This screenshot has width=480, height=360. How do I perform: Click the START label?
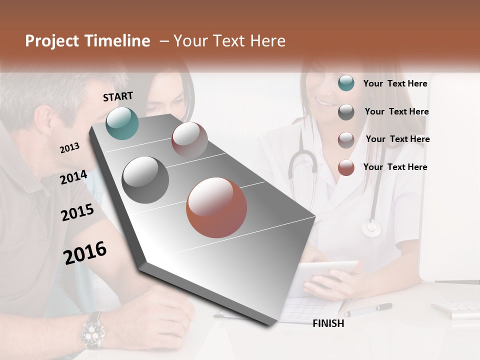[118, 96]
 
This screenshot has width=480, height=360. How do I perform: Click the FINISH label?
[328, 323]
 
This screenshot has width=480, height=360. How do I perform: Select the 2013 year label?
[69, 148]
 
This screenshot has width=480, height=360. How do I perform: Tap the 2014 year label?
[73, 177]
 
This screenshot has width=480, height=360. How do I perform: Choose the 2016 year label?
[85, 253]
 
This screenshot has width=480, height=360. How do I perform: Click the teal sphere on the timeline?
[122, 123]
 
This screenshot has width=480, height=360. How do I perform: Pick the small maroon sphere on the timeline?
[189, 139]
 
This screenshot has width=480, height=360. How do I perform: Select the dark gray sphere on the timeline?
[145, 180]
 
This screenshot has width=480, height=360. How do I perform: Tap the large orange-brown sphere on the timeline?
[216, 207]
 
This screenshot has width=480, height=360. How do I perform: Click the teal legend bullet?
[346, 83]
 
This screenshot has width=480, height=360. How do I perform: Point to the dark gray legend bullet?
[346, 112]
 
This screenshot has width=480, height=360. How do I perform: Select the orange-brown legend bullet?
[346, 167]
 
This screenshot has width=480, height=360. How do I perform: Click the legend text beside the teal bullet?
[395, 83]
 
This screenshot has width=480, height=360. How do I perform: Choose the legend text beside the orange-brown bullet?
[395, 167]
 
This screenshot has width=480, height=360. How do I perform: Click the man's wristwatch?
[93, 330]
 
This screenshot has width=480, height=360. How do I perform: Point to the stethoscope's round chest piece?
[371, 228]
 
